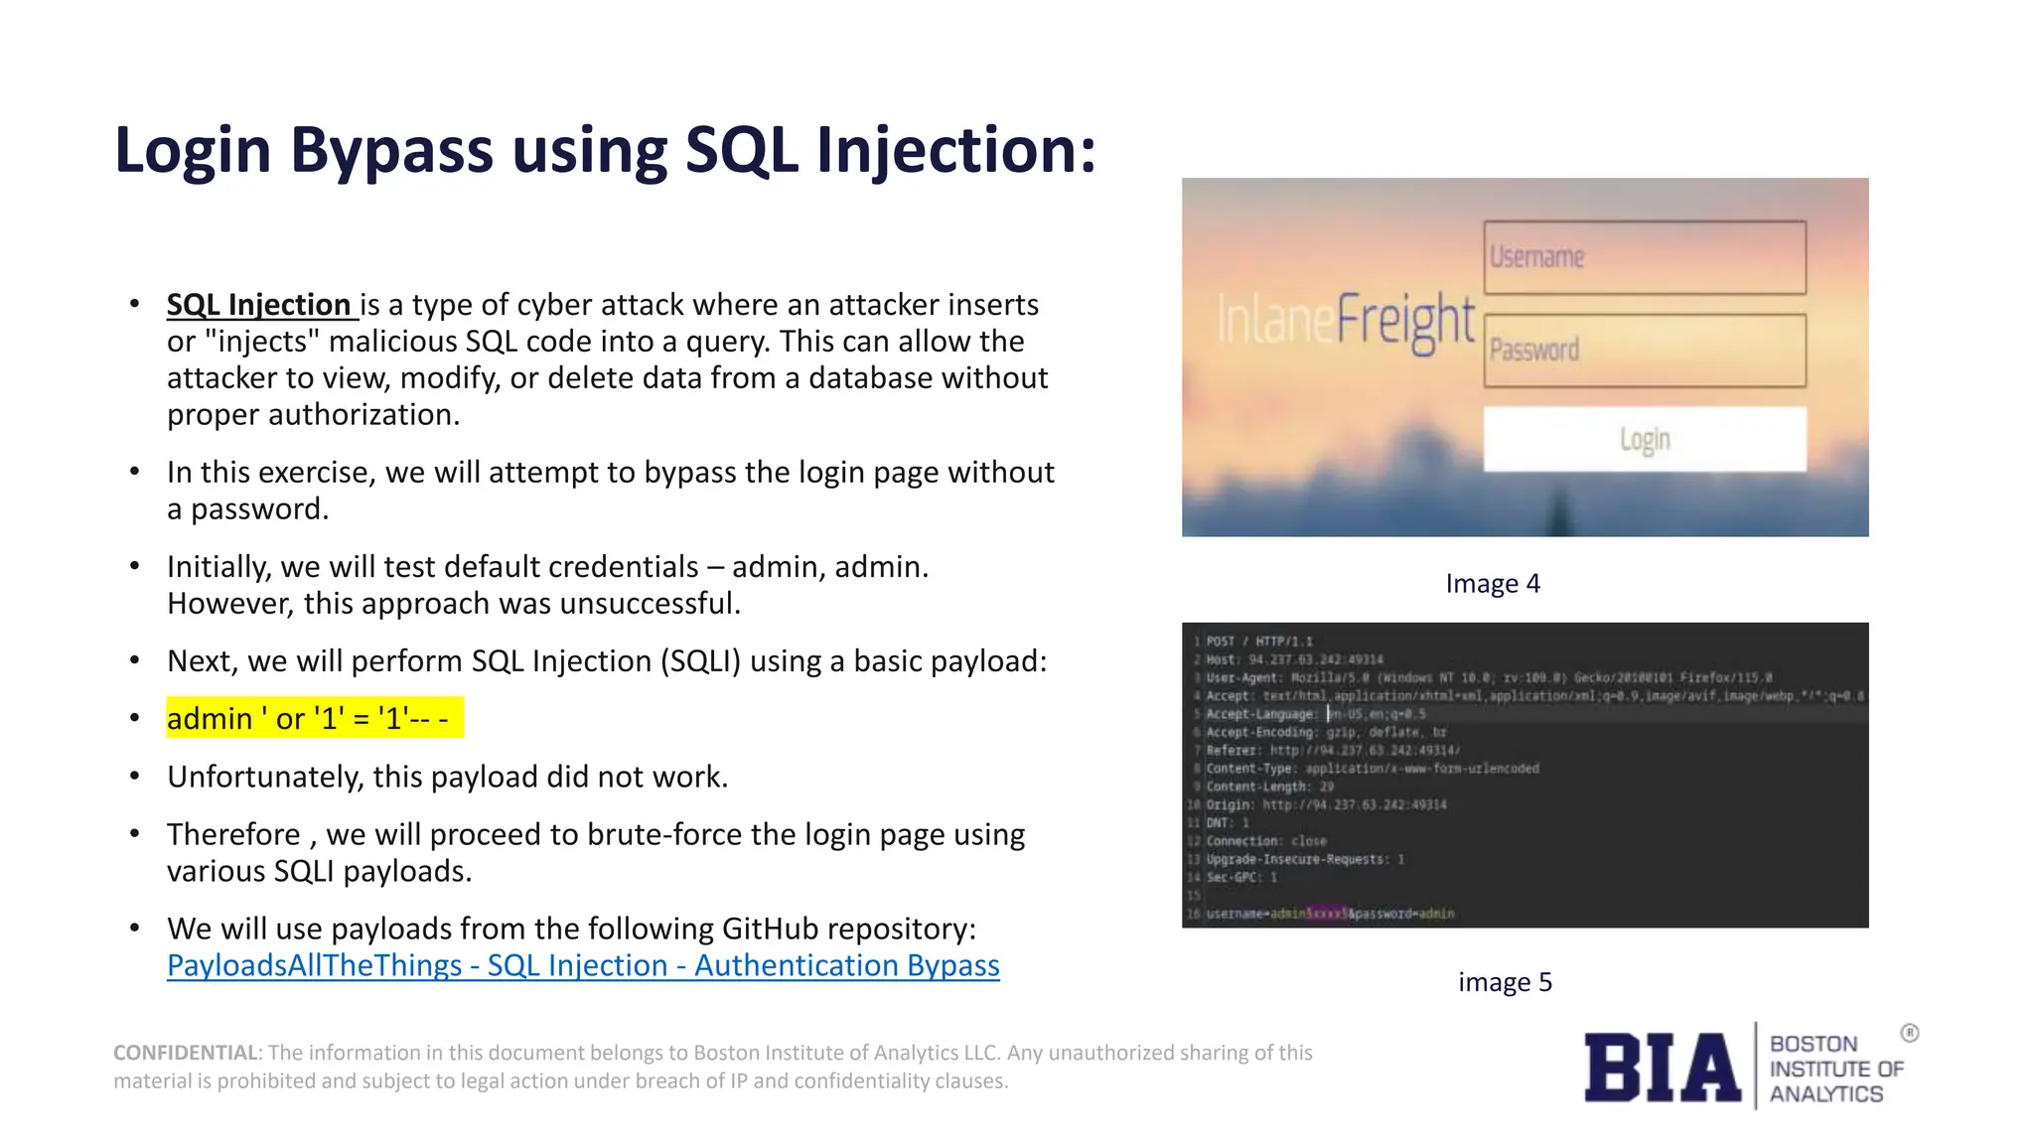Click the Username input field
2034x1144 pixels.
coord(1645,257)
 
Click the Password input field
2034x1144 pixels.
coord(1645,351)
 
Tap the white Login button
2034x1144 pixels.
coord(1645,439)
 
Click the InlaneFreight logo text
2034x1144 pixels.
coord(1346,321)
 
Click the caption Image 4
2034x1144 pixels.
coord(1493,583)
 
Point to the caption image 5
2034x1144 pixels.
coord(1505,982)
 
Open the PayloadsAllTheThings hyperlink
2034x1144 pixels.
coord(583,965)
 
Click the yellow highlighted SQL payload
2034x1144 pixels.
coord(314,718)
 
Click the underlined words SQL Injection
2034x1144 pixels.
coord(260,304)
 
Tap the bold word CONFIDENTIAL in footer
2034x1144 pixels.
coord(186,1053)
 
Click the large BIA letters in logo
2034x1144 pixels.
coord(1662,1068)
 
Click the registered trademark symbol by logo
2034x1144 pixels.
coord(1910,1033)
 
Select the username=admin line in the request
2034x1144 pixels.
coord(1329,914)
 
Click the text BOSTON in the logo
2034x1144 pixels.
coord(1813,1044)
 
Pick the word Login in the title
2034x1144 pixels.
coord(193,151)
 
